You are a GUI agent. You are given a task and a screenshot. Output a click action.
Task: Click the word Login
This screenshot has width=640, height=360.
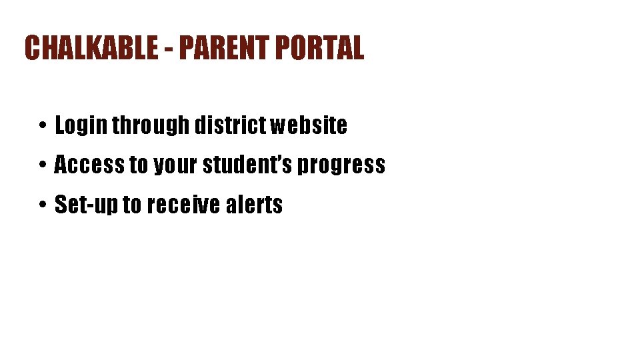pyautogui.click(x=81, y=125)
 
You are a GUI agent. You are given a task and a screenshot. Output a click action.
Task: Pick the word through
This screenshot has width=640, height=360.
pyautogui.click(x=151, y=125)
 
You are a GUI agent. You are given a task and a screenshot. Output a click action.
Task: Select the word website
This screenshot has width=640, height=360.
pyautogui.click(x=309, y=125)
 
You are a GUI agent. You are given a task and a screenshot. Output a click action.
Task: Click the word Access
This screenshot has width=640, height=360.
pyautogui.click(x=89, y=165)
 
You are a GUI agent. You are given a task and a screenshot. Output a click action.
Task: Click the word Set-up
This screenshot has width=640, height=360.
pyautogui.click(x=86, y=205)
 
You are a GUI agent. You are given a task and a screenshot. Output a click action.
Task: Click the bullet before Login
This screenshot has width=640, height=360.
pyautogui.click(x=41, y=126)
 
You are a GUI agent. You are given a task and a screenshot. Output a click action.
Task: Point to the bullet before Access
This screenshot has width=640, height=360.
pyautogui.click(x=41, y=165)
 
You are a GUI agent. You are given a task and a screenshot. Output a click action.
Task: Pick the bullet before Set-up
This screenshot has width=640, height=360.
pyautogui.click(x=41, y=205)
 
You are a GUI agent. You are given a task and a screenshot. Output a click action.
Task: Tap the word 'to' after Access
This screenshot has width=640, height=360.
pyautogui.click(x=138, y=165)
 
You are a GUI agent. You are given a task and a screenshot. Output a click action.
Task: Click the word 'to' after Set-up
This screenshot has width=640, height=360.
pyautogui.click(x=132, y=205)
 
